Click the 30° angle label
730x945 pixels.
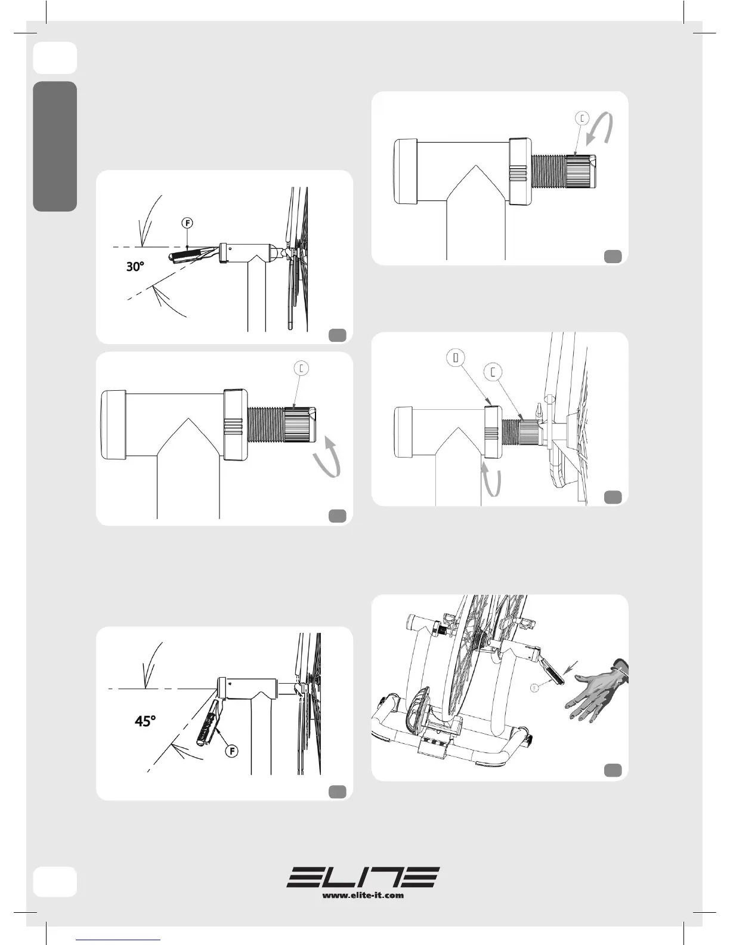135,266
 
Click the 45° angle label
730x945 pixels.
145,721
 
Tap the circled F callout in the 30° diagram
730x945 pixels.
187,223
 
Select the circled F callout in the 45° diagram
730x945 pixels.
232,751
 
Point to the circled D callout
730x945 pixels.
456,358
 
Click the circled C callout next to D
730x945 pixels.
493,372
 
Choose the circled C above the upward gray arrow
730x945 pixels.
301,368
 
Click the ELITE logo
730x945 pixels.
363,876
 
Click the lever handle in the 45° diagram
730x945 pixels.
208,722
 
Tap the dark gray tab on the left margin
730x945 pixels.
55,146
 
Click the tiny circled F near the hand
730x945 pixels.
534,687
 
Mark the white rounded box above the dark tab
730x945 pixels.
55,58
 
